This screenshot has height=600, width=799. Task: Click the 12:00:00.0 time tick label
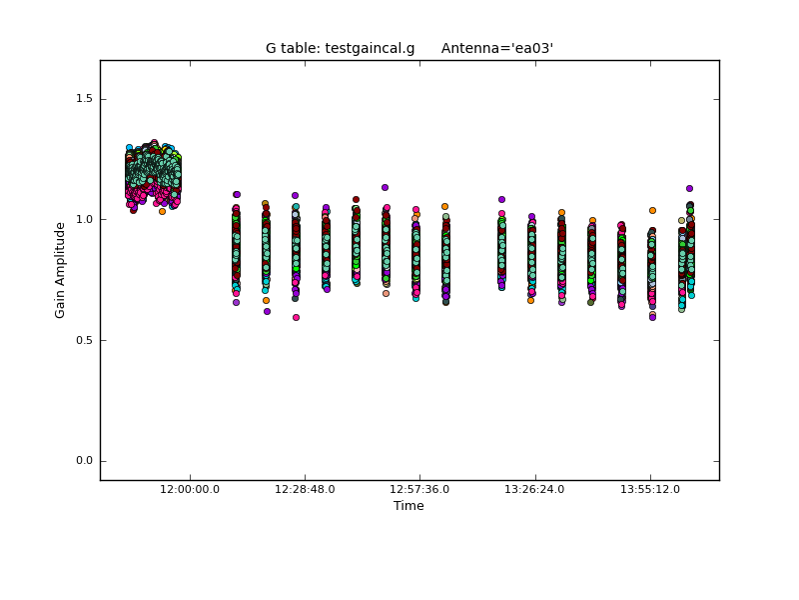pos(190,489)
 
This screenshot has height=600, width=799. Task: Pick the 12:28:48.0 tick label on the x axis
pos(305,489)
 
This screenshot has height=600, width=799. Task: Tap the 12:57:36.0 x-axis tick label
pos(419,489)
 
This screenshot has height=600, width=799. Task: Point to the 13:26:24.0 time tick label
pos(535,489)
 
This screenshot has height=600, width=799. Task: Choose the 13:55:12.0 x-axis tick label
pos(650,489)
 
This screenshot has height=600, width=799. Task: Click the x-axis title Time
pos(408,506)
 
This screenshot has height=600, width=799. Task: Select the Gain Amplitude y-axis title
pos(61,270)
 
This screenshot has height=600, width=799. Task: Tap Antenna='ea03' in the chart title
pos(497,48)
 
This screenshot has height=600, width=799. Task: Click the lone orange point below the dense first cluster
pos(162,211)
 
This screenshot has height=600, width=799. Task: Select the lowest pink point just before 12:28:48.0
pos(296,317)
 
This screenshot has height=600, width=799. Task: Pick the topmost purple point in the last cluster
pos(689,188)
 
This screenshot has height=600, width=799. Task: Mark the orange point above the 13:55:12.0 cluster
pos(652,210)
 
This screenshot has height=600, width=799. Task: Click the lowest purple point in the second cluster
pos(267,311)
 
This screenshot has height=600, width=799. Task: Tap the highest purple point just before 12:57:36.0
pos(385,187)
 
